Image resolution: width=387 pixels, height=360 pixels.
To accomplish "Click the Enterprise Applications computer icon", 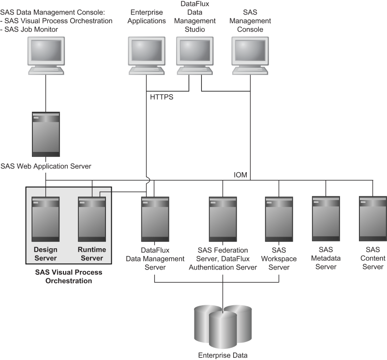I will point(146,56).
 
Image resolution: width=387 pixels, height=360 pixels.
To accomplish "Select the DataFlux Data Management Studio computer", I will point(194,56).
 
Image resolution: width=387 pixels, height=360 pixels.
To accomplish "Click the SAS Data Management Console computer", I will point(46,56).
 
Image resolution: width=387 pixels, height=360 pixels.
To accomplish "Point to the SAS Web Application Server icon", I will point(45,135).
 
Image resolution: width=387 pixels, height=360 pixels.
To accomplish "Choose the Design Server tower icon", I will point(45,219).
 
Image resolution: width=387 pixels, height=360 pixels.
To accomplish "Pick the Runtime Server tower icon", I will point(92,219).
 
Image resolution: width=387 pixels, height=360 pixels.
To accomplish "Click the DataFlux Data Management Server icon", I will point(155,219).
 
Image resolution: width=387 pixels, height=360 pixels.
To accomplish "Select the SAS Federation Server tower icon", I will point(223,219).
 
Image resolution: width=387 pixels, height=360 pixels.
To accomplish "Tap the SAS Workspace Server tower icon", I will point(279,219).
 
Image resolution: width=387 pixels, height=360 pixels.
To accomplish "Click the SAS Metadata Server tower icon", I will point(326,219).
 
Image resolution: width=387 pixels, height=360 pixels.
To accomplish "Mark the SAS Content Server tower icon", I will point(372,219).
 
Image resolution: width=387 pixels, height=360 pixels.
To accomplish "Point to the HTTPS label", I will point(162,97).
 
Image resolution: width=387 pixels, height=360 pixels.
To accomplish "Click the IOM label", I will point(240,175).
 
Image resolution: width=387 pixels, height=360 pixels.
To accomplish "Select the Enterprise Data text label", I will point(223,356).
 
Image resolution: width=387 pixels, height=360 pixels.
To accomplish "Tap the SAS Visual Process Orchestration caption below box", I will point(69,276).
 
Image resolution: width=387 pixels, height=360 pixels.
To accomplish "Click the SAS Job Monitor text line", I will point(30,30).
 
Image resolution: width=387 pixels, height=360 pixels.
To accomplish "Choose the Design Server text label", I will point(45,254).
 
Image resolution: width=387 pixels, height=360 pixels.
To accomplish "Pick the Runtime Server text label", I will point(92,254).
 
